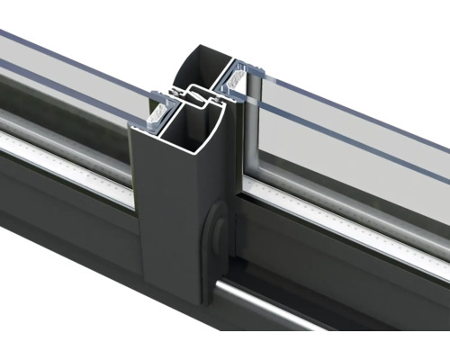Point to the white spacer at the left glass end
point(155,112)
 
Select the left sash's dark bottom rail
point(63,193)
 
